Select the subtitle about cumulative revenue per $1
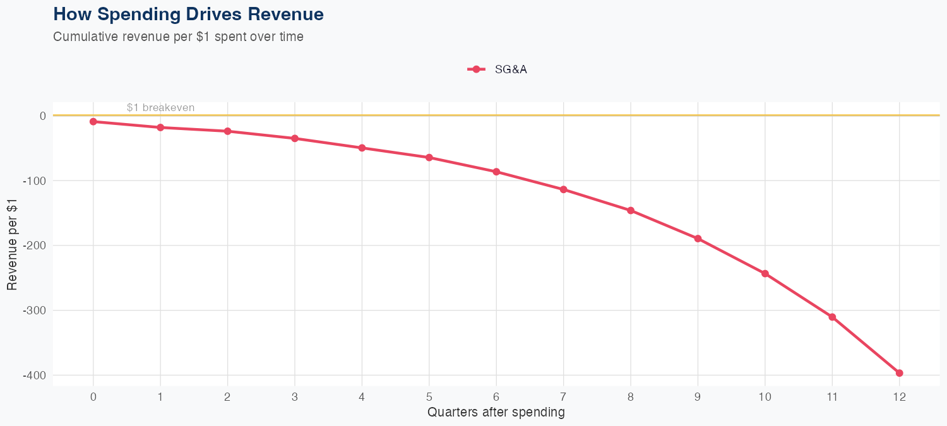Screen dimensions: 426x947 point(178,37)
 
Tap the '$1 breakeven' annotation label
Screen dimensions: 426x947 point(160,107)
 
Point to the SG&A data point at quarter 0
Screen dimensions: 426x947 point(93,121)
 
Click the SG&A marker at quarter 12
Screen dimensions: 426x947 point(899,373)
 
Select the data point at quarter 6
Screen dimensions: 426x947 point(496,172)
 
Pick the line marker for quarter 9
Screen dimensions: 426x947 point(698,239)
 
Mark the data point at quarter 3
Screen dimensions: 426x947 point(295,138)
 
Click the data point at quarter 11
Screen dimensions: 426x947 point(832,317)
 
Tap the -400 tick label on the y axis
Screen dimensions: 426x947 point(35,376)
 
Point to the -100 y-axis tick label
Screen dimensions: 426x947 point(35,180)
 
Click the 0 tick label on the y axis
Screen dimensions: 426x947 point(43,115)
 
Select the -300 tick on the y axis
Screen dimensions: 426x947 point(35,311)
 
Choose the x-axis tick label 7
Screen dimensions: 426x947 point(563,397)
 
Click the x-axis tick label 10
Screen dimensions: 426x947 point(765,397)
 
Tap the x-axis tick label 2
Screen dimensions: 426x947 point(227,397)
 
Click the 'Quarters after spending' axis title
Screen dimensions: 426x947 point(496,413)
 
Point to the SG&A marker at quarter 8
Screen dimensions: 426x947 point(631,210)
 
